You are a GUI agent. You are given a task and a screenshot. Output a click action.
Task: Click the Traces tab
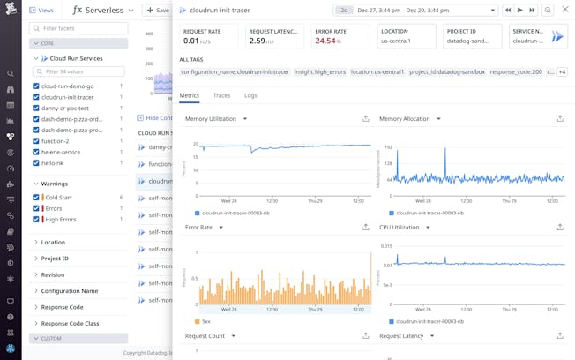221,95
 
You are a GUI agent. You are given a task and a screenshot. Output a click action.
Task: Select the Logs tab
250,95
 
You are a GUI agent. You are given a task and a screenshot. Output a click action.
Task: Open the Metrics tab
189,95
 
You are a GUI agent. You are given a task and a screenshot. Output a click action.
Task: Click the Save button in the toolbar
157,11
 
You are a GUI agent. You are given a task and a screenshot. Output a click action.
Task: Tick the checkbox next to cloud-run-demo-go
35,86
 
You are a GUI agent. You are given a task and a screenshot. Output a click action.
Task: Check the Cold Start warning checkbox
35,198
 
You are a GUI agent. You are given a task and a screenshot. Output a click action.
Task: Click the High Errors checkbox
35,219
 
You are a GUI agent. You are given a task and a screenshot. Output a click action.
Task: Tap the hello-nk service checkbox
35,163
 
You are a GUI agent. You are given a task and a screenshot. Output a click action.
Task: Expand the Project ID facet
55,259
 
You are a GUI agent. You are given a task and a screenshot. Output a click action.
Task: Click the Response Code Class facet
70,324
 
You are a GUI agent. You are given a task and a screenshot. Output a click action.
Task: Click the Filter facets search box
79,28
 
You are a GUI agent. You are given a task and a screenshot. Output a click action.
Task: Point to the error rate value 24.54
325,41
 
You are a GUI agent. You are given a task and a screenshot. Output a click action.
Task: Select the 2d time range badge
344,11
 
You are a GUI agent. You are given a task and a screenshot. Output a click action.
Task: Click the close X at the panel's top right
565,10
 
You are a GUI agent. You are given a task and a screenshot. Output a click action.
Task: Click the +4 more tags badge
562,71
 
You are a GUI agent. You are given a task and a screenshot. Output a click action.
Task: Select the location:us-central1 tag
377,71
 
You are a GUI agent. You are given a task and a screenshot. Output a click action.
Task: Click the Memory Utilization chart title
211,118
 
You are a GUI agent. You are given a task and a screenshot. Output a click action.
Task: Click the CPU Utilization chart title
400,227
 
